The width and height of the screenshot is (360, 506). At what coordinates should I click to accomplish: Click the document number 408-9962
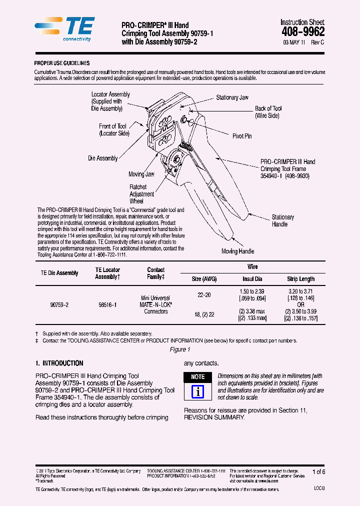pyautogui.click(x=303, y=31)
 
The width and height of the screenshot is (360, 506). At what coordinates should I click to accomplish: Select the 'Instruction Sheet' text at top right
pyautogui.click(x=302, y=22)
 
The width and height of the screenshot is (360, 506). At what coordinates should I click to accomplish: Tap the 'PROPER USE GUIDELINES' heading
pyautogui.click(x=61, y=63)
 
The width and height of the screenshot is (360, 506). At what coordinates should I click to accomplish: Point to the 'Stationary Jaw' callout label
pyautogui.click(x=232, y=97)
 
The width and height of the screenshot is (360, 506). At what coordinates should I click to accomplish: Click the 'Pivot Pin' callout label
pyautogui.click(x=242, y=136)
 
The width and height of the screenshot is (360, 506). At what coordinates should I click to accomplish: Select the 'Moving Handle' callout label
pyautogui.click(x=237, y=251)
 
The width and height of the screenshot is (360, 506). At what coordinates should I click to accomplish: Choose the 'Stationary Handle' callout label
pyautogui.click(x=282, y=220)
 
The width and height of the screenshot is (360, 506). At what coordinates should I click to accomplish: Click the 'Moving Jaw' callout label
pyautogui.click(x=141, y=174)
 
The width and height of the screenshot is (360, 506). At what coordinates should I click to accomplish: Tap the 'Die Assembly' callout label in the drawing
pyautogui.click(x=103, y=158)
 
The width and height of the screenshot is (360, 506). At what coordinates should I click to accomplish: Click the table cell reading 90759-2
pyautogui.click(x=59, y=304)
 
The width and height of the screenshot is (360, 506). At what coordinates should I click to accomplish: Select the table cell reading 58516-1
pyautogui.click(x=107, y=304)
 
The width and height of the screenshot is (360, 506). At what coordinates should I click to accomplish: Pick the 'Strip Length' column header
pyautogui.click(x=300, y=279)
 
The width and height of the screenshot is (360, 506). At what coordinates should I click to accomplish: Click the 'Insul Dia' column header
pyautogui.click(x=252, y=279)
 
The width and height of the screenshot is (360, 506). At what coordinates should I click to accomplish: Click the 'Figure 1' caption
pyautogui.click(x=180, y=349)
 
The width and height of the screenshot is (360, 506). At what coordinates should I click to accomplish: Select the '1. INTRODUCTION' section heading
pyautogui.click(x=59, y=363)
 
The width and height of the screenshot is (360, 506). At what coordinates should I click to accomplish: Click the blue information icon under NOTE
pyautogui.click(x=198, y=391)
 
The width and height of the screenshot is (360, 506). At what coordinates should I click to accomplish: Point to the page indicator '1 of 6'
pyautogui.click(x=318, y=471)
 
